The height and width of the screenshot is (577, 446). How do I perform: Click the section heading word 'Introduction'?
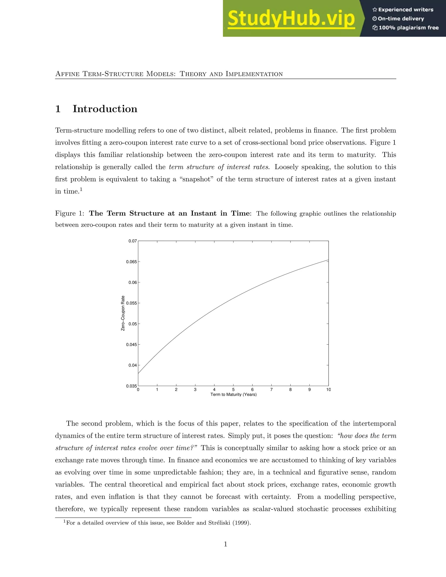tap(105, 109)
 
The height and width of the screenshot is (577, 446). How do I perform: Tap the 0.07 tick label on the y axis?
tap(133, 241)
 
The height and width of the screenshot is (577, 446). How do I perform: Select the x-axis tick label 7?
tap(271, 390)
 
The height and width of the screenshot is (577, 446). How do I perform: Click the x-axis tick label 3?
tap(195, 390)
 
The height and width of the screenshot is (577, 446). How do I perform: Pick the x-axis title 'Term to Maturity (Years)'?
tap(233, 395)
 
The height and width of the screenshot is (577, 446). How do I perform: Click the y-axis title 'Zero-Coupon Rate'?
tap(123, 313)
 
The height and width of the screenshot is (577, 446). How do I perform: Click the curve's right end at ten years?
tap(328, 260)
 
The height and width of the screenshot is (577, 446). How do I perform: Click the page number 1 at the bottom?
tap(225, 544)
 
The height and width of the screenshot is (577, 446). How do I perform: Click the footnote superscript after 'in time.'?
tap(81, 189)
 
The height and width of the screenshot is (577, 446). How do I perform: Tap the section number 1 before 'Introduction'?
tap(58, 109)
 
